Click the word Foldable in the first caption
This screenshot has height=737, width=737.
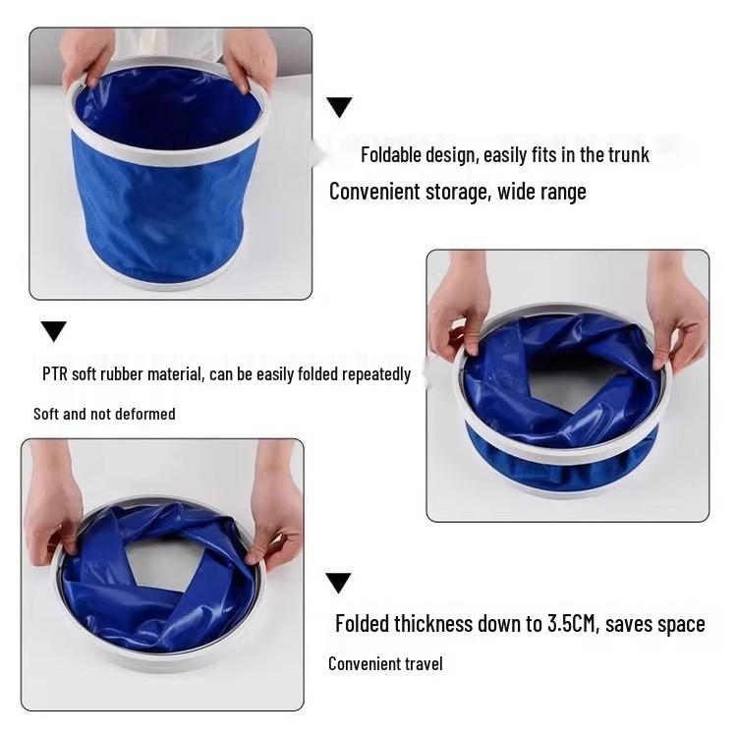(x=392, y=154)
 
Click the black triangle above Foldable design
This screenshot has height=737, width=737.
(x=339, y=107)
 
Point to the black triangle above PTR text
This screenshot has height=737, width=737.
(x=54, y=330)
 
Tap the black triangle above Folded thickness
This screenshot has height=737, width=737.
(x=338, y=583)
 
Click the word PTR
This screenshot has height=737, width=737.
(x=57, y=373)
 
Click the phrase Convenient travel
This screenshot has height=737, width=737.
(x=385, y=664)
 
